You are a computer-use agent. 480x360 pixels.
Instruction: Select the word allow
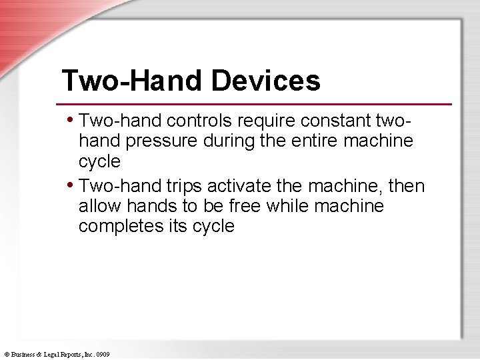point(97,206)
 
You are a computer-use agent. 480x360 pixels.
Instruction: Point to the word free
point(245,206)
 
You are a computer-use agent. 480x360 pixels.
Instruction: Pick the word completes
point(119,227)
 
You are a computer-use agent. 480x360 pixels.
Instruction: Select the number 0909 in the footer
point(103,355)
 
